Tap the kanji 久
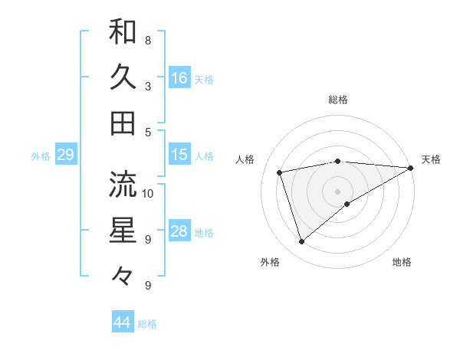point(123,77)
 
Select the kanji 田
point(123,123)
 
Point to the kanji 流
point(123,183)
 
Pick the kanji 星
point(123,229)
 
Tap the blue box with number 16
point(179,77)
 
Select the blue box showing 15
point(179,155)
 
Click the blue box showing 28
point(179,231)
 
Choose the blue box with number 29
point(65,155)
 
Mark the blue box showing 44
point(123,322)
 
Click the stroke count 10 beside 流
point(148,193)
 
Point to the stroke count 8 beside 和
point(147,40)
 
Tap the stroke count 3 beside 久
point(147,86)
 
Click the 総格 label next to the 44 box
point(147,324)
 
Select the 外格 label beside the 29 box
point(41,156)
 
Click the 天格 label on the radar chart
point(431,159)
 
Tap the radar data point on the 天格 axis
point(411,167)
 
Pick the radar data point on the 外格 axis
point(301,242)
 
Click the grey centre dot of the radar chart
point(337,191)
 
